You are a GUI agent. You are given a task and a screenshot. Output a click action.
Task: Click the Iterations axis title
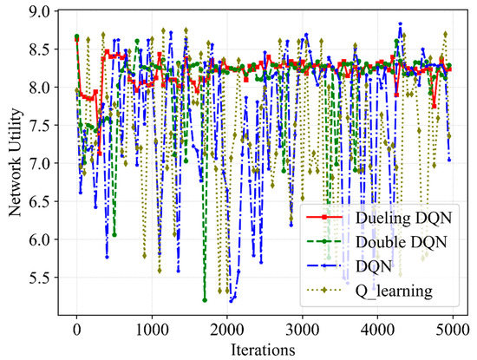click(x=265, y=349)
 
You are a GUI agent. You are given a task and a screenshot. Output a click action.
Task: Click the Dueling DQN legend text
click(x=404, y=214)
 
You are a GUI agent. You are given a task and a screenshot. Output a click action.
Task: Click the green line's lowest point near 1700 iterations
click(x=205, y=300)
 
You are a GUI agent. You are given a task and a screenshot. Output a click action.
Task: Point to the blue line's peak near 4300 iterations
click(x=400, y=24)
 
